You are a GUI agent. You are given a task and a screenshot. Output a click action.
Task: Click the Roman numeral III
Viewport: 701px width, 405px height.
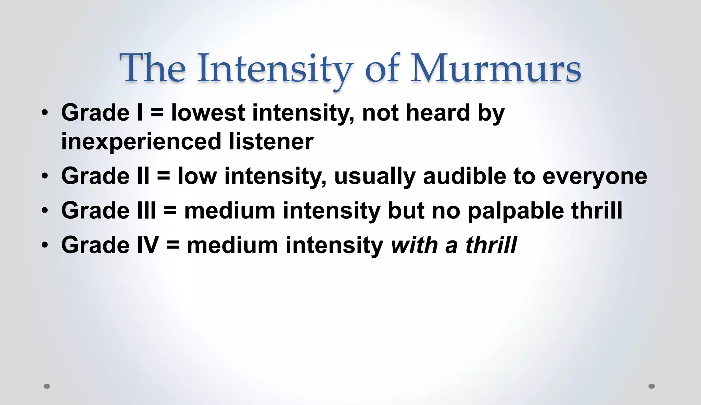tap(146, 210)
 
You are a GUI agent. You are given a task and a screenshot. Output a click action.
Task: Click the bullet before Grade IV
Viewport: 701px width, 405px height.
tap(45, 245)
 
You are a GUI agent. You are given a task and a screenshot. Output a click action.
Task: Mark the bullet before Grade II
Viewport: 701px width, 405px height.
tap(45, 176)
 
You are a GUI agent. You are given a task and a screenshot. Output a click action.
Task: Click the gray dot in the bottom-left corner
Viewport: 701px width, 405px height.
tap(47, 386)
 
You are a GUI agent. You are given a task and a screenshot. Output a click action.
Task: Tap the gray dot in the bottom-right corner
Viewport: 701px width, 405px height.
tap(652, 386)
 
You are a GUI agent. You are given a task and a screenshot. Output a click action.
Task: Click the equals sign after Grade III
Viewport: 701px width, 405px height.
tap(170, 210)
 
